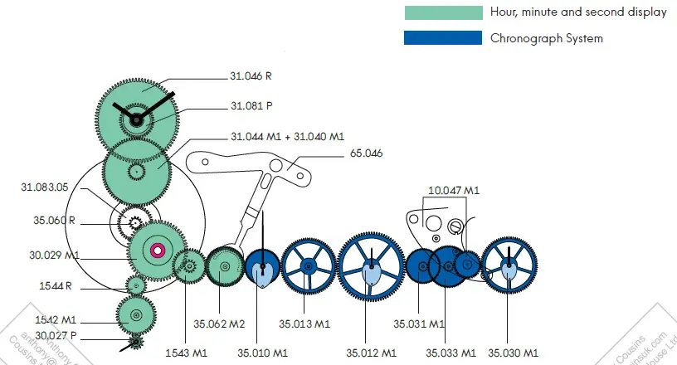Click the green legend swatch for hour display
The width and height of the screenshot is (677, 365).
443,12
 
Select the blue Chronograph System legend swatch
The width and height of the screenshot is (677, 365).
443,38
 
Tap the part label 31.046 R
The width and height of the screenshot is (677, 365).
251,76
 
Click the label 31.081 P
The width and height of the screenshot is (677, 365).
251,106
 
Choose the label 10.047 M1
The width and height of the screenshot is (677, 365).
454,191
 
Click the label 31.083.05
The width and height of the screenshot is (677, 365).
44,187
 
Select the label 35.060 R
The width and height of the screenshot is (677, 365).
56,221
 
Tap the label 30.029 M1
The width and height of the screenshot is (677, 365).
51,255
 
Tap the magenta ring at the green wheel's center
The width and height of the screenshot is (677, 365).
156,251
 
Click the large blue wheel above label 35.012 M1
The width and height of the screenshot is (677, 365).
371,266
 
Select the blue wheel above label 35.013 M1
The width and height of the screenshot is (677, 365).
308,266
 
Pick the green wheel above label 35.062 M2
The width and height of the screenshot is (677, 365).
223,267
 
